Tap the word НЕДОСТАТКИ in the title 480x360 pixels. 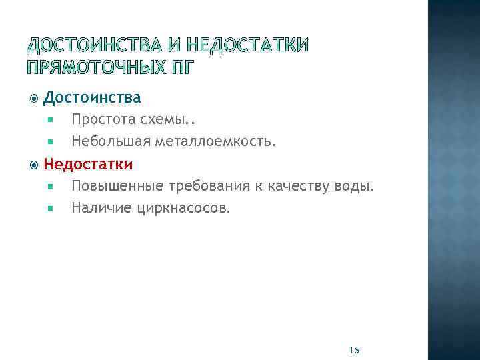coord(248,45)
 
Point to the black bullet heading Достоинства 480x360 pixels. coord(92,98)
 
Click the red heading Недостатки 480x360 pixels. coord(88,164)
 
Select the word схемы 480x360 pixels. coord(161,121)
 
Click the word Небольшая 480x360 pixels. coord(111,141)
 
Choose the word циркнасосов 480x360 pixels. coord(183,209)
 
